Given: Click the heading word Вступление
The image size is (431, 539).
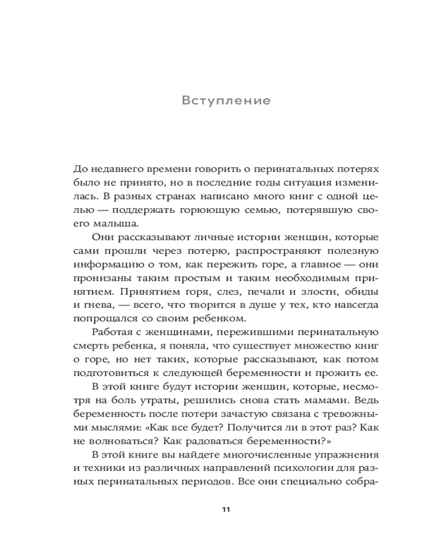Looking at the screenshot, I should point(226,101).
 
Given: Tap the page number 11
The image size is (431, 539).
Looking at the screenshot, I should point(226,509).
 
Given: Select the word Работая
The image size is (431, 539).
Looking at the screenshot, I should point(116,332).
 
